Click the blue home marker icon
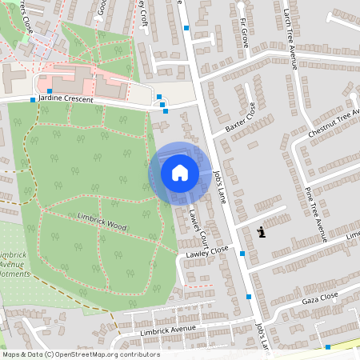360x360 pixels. point(179,173)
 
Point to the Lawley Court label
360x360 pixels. point(198,226)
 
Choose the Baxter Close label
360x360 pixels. point(240,117)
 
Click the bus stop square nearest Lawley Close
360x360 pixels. point(242,254)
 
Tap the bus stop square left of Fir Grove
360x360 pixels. point(186,28)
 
